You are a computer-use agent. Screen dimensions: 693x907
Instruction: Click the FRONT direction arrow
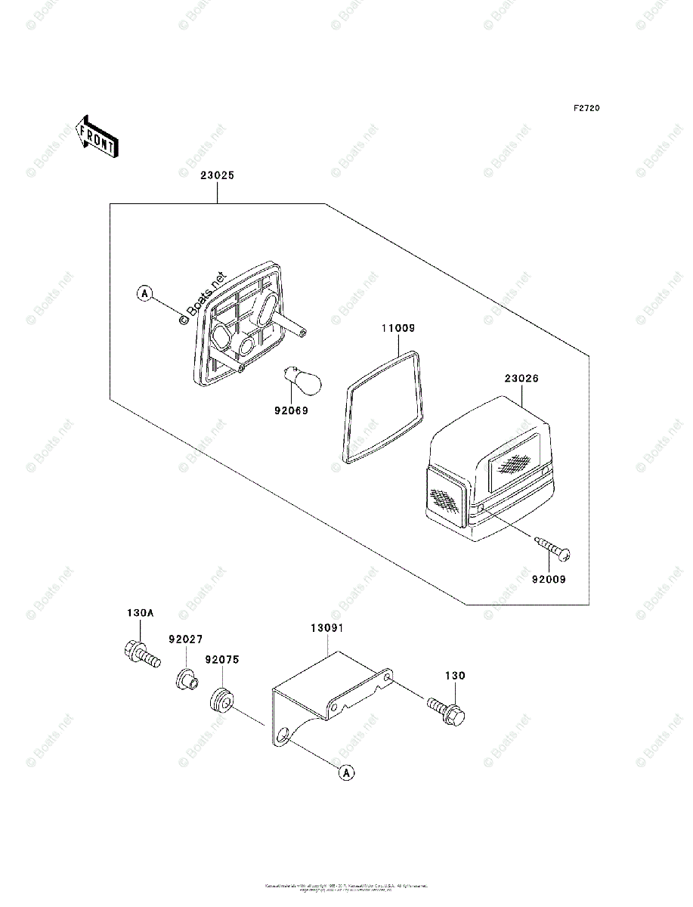tap(96, 136)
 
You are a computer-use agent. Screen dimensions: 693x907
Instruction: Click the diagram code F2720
tap(586, 109)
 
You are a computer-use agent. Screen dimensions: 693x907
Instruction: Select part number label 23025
tap(217, 175)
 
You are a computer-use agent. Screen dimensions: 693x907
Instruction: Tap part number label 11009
tap(398, 329)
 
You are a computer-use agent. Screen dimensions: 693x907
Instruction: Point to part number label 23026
tap(521, 378)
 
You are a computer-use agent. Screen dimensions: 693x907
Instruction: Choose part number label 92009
tap(549, 580)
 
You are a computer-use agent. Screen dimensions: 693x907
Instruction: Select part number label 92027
tap(186, 639)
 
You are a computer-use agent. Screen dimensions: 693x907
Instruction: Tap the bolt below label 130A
tap(141, 655)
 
